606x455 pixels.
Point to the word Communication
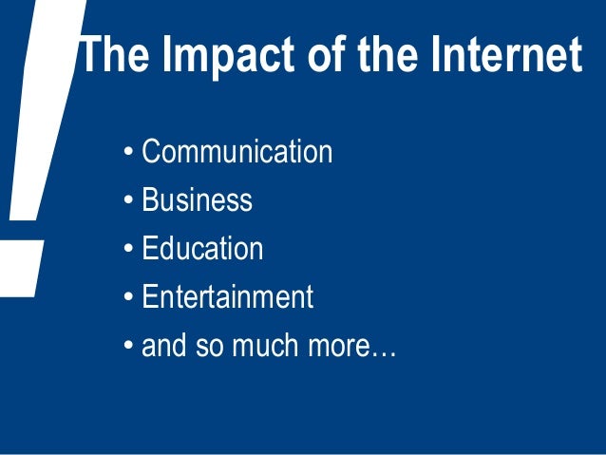[x=237, y=152]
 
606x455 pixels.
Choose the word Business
[x=197, y=200]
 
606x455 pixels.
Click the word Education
[x=202, y=249]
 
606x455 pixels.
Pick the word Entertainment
[x=227, y=297]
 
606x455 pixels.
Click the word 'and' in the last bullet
[x=161, y=346]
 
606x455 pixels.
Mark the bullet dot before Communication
[x=128, y=153]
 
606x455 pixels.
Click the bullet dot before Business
[x=128, y=201]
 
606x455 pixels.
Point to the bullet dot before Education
[x=128, y=250]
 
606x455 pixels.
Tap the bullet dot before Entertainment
[x=128, y=298]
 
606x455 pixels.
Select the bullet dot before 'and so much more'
[x=128, y=347]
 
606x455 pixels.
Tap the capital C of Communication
[x=150, y=152]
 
